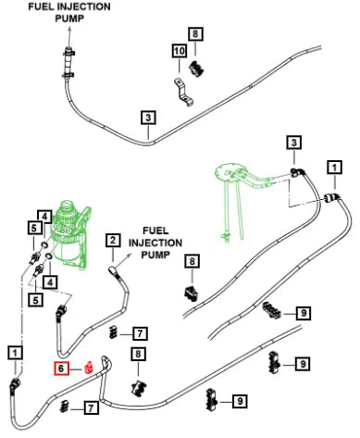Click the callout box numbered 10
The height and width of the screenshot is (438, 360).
[x=180, y=51]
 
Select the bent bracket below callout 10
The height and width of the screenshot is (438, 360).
[x=183, y=92]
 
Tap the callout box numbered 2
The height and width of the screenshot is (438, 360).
[x=113, y=241]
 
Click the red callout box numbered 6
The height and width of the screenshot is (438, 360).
[x=61, y=369]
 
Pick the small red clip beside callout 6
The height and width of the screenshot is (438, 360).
[x=89, y=367]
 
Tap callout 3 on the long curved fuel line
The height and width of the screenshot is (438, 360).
[x=148, y=118]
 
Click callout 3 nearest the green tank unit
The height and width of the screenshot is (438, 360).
[x=293, y=143]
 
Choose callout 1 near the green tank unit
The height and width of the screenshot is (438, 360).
[x=334, y=168]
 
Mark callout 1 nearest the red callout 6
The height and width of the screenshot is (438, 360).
[x=15, y=352]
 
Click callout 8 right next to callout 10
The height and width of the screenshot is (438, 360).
[x=195, y=33]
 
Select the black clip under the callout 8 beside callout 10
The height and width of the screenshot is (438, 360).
[x=196, y=69]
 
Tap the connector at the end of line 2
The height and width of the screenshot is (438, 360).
[x=113, y=271]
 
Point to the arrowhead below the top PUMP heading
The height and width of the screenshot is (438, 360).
[x=70, y=30]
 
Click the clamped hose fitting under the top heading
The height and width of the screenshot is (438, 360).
[x=68, y=63]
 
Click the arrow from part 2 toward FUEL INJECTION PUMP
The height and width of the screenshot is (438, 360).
[x=124, y=260]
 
